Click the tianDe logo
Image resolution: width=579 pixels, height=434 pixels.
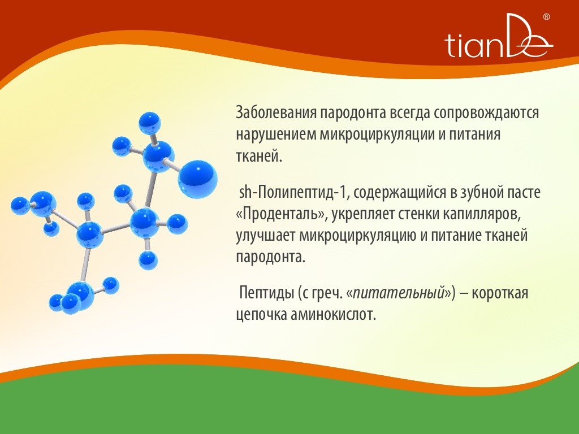[x=499, y=36]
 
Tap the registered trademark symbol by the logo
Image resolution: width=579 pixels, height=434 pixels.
[x=547, y=16]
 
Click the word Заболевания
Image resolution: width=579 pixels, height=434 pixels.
[x=276, y=112]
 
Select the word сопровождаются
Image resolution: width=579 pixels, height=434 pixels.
[x=486, y=113]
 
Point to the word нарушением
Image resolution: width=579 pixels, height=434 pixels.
[x=276, y=134]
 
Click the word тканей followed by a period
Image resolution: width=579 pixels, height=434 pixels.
[x=259, y=156]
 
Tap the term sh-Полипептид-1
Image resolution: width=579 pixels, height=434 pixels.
[x=292, y=193]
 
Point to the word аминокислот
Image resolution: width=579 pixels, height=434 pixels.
[x=333, y=315]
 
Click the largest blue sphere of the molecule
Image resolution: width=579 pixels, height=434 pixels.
[x=197, y=179]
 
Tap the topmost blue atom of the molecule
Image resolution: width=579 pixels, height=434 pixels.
[x=149, y=123]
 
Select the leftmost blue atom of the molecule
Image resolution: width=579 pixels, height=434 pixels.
[x=20, y=206]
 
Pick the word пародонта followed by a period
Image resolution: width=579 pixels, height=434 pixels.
[x=271, y=258]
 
